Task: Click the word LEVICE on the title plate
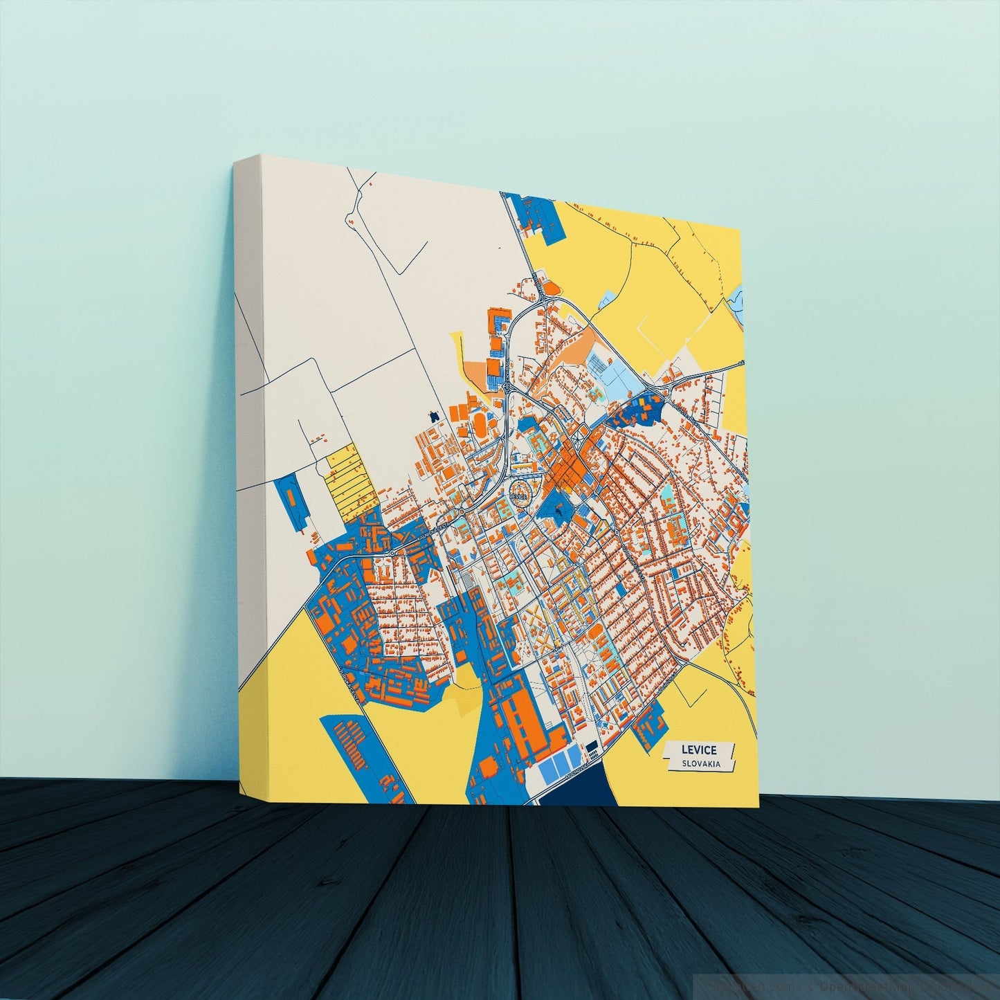coord(698,749)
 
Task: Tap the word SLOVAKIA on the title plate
coord(700,763)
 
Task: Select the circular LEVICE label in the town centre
coord(520,495)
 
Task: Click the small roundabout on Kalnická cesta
coord(392,553)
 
